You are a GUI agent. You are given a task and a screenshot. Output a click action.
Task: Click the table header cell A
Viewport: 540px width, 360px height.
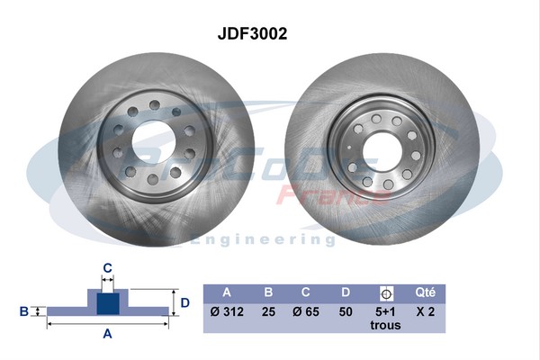pyautogui.click(x=226, y=292)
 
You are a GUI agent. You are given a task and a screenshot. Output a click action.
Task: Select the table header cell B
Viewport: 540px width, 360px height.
pyautogui.click(x=267, y=292)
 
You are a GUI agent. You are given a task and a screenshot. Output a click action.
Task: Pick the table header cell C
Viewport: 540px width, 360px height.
pyautogui.click(x=307, y=292)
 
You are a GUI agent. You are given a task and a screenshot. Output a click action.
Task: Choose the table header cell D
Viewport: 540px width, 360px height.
pyautogui.click(x=346, y=292)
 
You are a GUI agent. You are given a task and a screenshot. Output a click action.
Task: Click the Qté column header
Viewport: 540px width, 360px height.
pyautogui.click(x=426, y=292)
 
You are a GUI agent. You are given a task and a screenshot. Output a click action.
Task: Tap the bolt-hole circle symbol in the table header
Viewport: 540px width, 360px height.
pyautogui.click(x=386, y=292)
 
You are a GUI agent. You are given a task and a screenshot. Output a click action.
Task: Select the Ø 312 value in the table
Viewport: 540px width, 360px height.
pyautogui.click(x=226, y=310)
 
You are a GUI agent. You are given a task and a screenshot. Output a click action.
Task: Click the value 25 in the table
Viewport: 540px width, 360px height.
pyautogui.click(x=267, y=310)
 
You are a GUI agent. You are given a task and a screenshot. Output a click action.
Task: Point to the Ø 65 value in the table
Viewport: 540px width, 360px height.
pyautogui.click(x=307, y=310)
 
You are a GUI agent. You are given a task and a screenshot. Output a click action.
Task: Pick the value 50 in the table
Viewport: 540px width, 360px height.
pyautogui.click(x=346, y=310)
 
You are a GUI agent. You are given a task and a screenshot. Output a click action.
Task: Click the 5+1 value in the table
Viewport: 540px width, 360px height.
pyautogui.click(x=386, y=310)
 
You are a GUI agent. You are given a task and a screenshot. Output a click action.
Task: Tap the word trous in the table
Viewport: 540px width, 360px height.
pyautogui.click(x=386, y=325)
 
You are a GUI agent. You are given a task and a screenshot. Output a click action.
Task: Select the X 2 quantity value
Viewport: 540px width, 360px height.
pyautogui.click(x=426, y=310)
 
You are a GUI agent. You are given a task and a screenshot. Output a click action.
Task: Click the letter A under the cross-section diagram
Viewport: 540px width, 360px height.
pyautogui.click(x=107, y=334)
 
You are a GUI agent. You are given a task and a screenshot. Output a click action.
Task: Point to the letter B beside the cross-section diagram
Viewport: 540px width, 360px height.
pyautogui.click(x=23, y=311)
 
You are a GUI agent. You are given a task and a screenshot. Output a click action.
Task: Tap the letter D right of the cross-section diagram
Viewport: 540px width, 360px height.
pyautogui.click(x=184, y=302)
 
